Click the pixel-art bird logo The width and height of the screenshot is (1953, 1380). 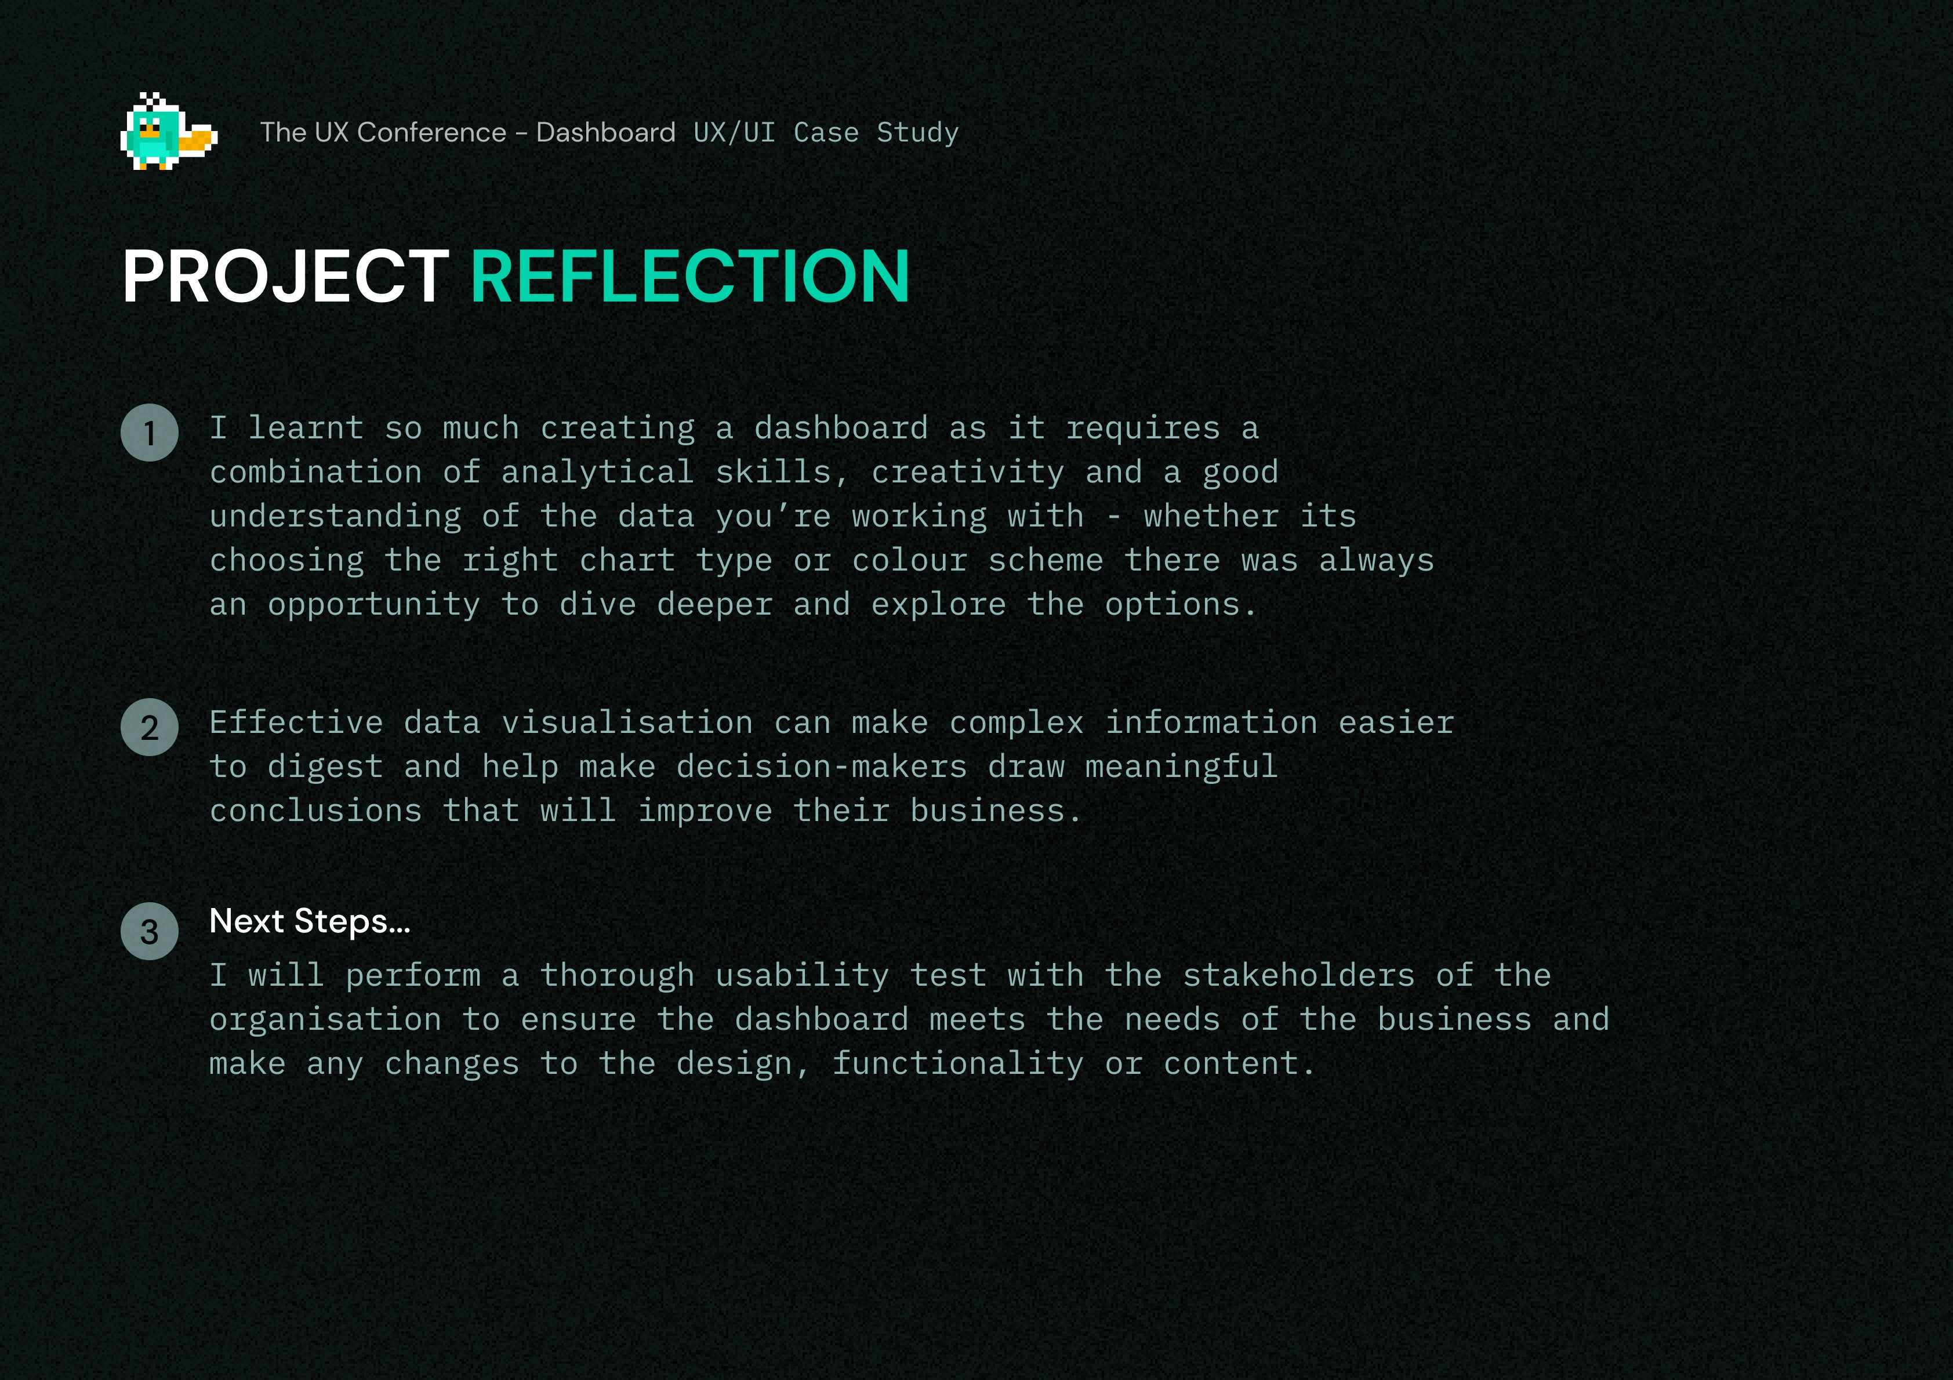168,131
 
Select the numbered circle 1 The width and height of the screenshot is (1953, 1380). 150,432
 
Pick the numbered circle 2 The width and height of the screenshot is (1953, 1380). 150,728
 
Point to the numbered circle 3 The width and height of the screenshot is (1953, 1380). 150,931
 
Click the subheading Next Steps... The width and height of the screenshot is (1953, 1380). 310,921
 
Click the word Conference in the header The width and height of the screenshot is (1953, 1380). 432,133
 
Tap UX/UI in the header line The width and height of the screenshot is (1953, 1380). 734,133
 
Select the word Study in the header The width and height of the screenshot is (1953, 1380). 918,133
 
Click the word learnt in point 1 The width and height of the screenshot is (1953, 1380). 306,428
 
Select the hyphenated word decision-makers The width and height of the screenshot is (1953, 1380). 822,767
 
